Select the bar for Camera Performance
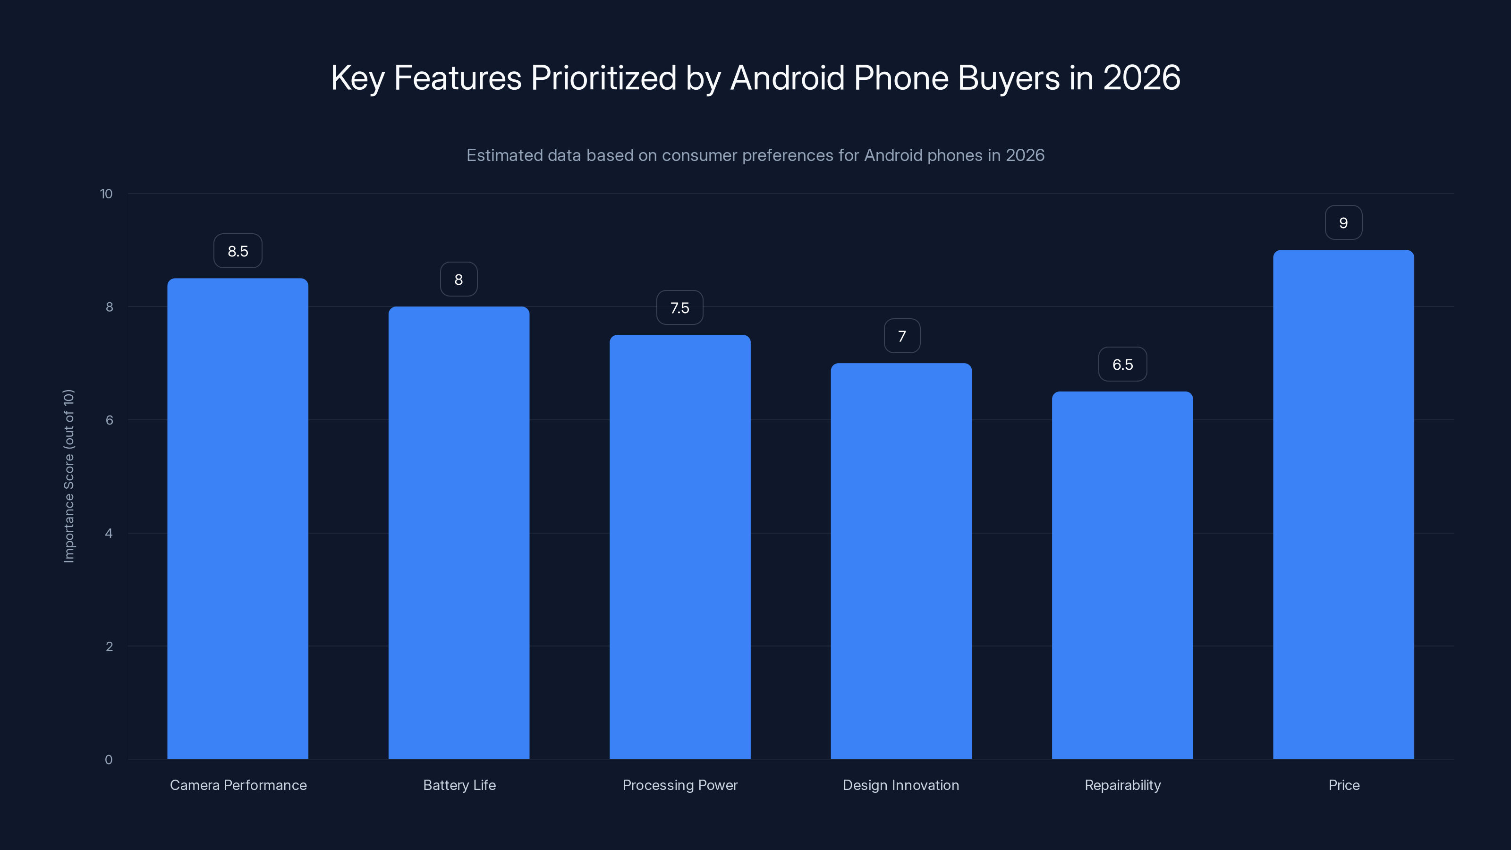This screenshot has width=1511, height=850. (x=238, y=518)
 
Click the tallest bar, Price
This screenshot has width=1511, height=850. (x=1343, y=504)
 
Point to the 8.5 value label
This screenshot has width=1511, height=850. (x=238, y=251)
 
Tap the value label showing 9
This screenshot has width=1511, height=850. (x=1343, y=223)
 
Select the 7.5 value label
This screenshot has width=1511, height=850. (x=680, y=308)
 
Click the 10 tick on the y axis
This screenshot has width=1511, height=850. (x=106, y=194)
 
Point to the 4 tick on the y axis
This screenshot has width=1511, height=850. (x=109, y=533)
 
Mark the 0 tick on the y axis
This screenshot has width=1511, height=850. (x=109, y=760)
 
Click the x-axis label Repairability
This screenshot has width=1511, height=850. (x=1122, y=785)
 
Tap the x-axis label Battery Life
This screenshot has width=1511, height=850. (x=459, y=785)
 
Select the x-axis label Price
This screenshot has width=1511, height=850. (x=1343, y=785)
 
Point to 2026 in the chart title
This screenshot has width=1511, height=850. (x=1141, y=77)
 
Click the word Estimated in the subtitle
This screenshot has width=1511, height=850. (x=504, y=155)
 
